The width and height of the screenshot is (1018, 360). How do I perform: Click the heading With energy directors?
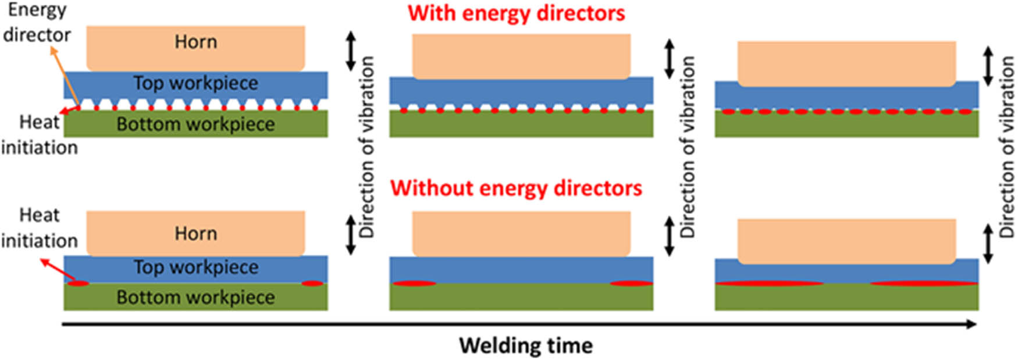point(516,13)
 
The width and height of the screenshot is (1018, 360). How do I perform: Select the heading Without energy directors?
point(516,188)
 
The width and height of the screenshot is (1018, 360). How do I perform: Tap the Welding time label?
point(526,345)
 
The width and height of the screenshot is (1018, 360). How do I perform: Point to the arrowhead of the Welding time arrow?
point(971,324)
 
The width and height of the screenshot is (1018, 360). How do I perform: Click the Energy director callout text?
point(36,23)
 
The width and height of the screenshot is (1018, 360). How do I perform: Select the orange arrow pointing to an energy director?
point(65,76)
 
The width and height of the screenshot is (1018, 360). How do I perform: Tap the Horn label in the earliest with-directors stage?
point(195,42)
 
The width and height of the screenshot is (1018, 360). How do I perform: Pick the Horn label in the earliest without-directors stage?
point(195,234)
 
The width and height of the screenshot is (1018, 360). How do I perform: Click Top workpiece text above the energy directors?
point(195,83)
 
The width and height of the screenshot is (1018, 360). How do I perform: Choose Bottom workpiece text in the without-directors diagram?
point(195,297)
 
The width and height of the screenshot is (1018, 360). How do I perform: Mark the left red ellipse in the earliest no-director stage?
point(77,283)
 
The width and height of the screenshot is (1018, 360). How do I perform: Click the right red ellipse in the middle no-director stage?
point(631,283)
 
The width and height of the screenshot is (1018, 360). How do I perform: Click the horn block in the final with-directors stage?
point(846,62)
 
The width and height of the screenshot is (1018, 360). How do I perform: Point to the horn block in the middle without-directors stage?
point(521,233)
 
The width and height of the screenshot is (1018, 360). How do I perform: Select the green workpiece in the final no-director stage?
point(846,298)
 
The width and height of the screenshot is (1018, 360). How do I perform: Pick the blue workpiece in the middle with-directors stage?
point(521,91)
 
